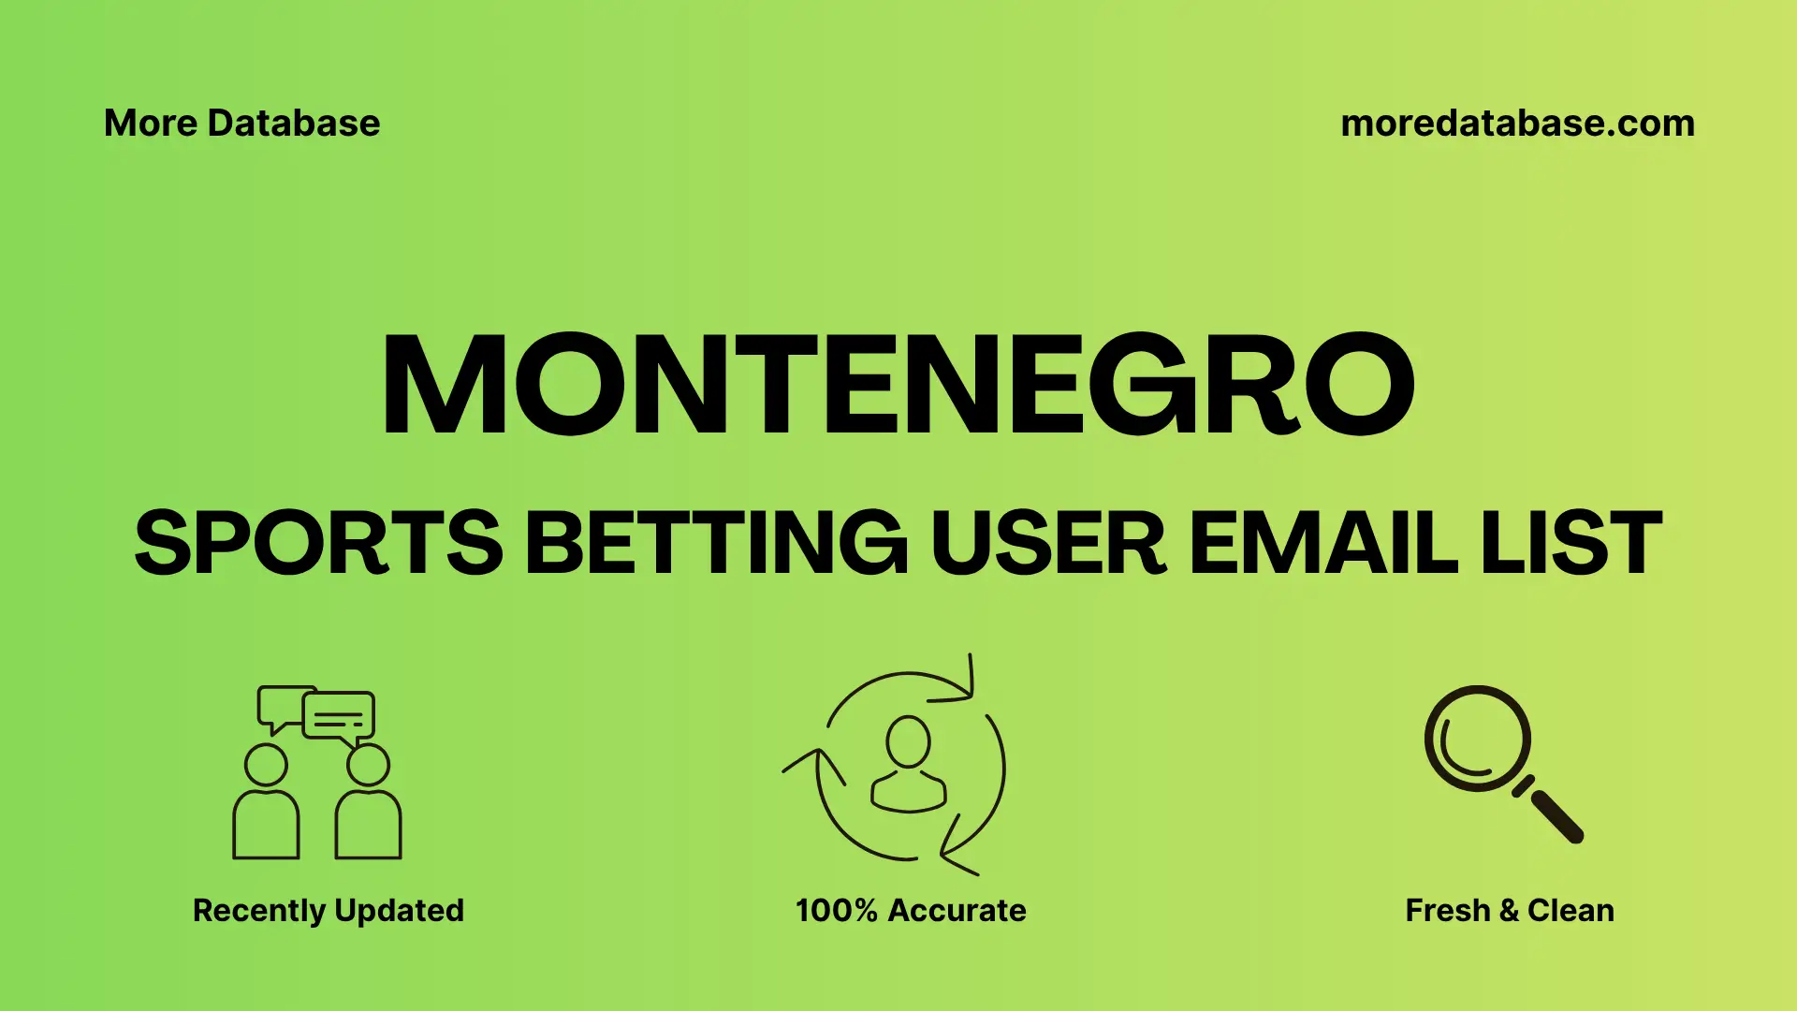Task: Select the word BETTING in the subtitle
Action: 716,543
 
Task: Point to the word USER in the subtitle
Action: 1048,543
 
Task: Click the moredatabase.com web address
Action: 1517,124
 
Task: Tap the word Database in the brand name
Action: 294,124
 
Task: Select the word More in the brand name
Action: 150,124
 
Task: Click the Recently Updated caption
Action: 328,910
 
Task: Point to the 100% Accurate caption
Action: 911,910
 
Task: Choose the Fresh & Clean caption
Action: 1510,910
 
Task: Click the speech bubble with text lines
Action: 339,717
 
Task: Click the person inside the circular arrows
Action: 908,765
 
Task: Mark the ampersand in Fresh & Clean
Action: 1508,910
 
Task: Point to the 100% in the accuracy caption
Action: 836,910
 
